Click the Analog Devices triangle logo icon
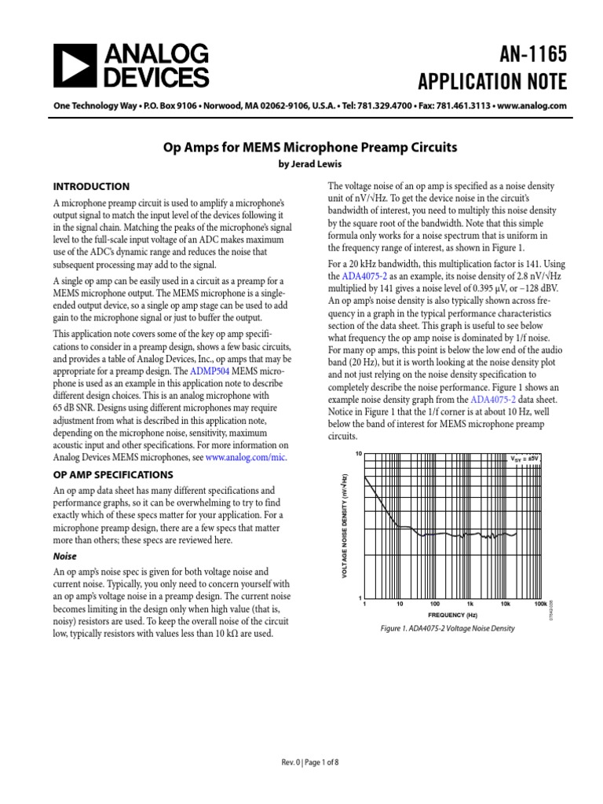tap(74, 65)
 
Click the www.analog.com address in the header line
tap(530, 106)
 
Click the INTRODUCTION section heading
tap(90, 187)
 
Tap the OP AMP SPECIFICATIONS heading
tap(112, 475)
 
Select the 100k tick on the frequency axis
tap(540, 605)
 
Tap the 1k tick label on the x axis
tap(470, 605)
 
